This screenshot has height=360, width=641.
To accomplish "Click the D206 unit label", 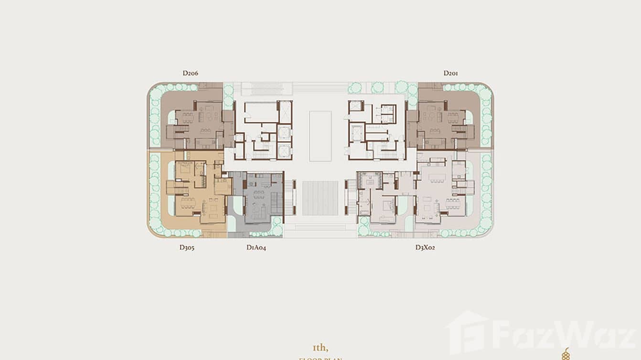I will pyautogui.click(x=190, y=74).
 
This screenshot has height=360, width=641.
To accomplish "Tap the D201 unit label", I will pyautogui.click(x=451, y=74).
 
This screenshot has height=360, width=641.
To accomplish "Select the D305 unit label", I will pyautogui.click(x=187, y=247).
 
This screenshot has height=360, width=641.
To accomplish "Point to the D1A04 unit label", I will pyautogui.click(x=256, y=247).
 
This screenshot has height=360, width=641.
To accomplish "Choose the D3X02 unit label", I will pyautogui.click(x=425, y=247).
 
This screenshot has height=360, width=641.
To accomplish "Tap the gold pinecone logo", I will pyautogui.click(x=566, y=354).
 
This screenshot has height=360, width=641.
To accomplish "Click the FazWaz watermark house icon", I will pyautogui.click(x=467, y=332).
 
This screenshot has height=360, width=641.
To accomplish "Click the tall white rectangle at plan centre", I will pyautogui.click(x=320, y=136).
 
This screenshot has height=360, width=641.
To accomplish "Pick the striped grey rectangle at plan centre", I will pyautogui.click(x=320, y=198).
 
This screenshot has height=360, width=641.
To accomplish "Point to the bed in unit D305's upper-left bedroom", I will pyautogui.click(x=183, y=168).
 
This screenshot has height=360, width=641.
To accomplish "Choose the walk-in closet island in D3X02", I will pyautogui.click(x=370, y=182).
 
